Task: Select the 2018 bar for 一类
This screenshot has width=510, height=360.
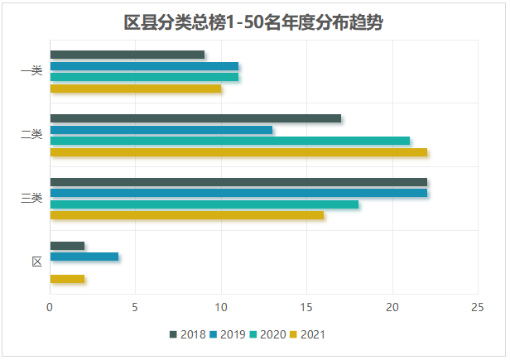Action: (x=127, y=55)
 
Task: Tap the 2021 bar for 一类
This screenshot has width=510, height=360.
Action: (x=136, y=88)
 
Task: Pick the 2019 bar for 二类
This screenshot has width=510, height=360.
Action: (x=161, y=130)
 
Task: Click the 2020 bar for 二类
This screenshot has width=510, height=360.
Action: (x=230, y=141)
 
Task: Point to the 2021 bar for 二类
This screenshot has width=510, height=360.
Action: (x=238, y=151)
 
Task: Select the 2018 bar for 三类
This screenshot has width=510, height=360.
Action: (x=238, y=182)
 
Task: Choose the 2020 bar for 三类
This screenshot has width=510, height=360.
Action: (x=204, y=204)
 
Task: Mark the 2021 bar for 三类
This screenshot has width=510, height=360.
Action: (x=187, y=215)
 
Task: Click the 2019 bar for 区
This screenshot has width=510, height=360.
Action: (x=84, y=257)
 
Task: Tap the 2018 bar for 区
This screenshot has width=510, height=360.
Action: (x=67, y=246)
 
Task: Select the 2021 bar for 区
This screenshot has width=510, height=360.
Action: (x=67, y=279)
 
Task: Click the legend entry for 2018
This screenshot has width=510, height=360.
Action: (x=188, y=334)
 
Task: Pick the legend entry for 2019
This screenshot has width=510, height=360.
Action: (x=228, y=334)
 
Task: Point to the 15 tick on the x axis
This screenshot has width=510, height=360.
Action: (x=306, y=307)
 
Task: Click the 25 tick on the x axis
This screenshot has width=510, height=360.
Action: (x=477, y=307)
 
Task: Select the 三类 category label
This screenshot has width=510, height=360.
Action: (x=31, y=199)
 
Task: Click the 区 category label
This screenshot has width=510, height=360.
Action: (x=36, y=262)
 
